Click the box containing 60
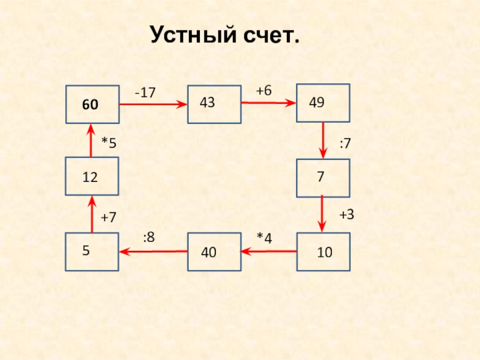coord(92,104)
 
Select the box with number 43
coord(214,104)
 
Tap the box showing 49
coord(323,103)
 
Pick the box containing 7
coord(323,177)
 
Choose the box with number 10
coord(323,251)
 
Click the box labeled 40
coord(214,252)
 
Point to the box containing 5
coord(92,251)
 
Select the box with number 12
coord(92,177)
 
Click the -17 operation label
coord(145,93)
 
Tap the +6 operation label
coord(263,91)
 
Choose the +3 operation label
coord(347,214)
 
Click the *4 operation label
coord(264,238)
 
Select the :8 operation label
coord(149,237)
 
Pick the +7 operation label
coord(109,217)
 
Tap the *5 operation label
coord(109,143)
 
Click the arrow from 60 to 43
coord(153,104)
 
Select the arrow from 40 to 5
coord(153,251)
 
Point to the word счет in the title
coord(269,35)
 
